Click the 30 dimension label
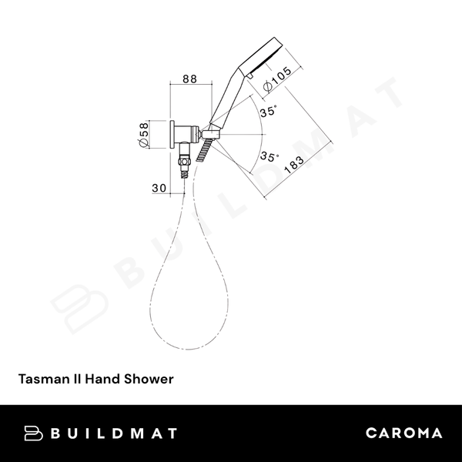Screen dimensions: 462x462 tap(159, 188)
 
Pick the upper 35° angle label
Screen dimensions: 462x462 tap(268, 112)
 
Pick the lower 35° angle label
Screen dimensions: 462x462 tap(268, 157)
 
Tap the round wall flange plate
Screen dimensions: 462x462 tap(171, 136)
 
